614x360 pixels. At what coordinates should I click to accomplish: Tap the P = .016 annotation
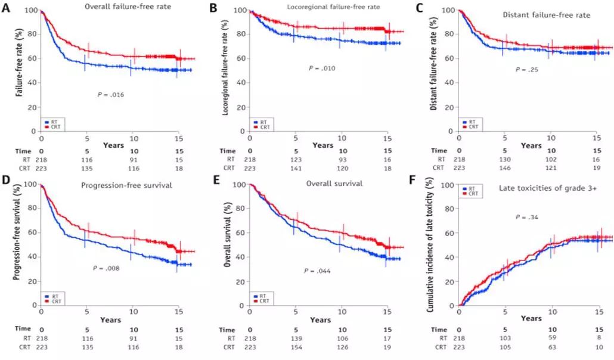coord(111,94)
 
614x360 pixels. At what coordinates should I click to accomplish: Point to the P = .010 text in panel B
coord(322,69)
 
